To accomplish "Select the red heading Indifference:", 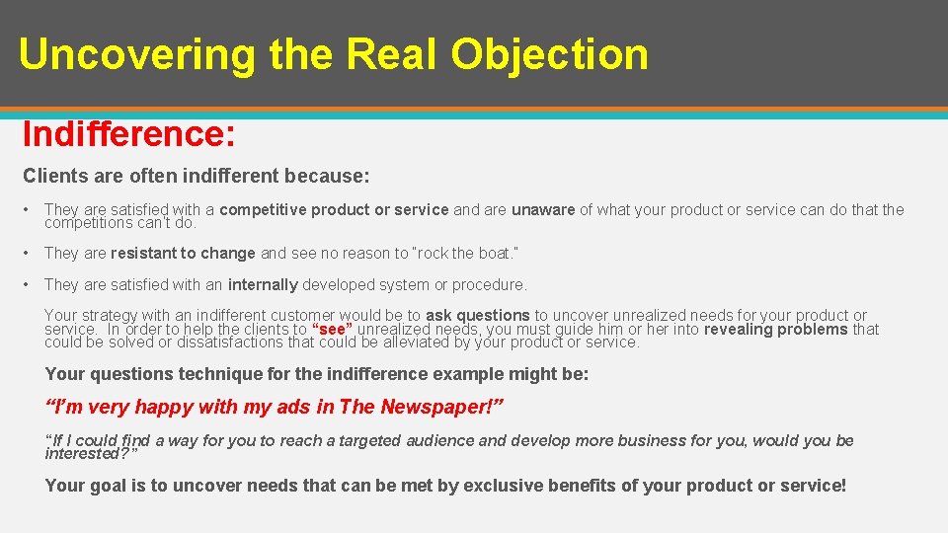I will [128, 133].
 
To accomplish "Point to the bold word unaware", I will [542, 209].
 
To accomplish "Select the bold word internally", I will [263, 284].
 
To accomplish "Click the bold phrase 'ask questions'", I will [477, 316].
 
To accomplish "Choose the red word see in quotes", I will [332, 330].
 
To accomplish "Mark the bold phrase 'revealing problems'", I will [775, 330].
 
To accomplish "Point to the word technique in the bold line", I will [211, 374].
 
